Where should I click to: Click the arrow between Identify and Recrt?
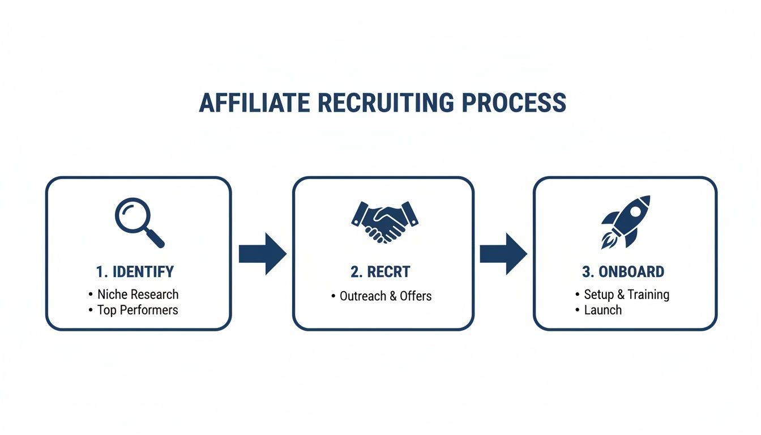pos(262,254)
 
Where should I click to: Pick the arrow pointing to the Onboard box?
pos(503,254)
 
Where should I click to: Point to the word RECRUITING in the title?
pos(386,103)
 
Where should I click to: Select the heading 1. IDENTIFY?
pos(135,272)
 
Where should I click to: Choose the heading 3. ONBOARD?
pos(623,272)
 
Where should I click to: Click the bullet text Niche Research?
pos(138,295)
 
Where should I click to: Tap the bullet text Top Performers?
pos(138,310)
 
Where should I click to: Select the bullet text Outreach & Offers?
pos(386,296)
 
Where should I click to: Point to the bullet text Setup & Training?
pos(626,295)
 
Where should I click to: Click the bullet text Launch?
pos(602,310)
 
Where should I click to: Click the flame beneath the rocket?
pos(608,242)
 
